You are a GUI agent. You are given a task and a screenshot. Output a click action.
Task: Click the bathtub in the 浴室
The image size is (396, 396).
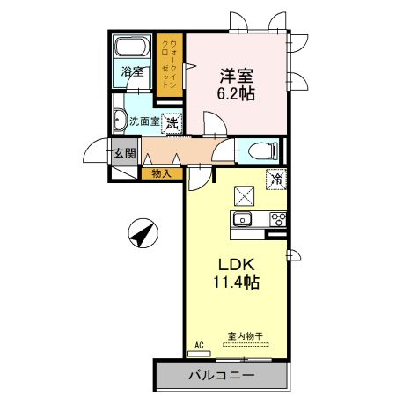[134, 48]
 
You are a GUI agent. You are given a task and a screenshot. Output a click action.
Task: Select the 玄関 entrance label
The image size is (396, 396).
[124, 153]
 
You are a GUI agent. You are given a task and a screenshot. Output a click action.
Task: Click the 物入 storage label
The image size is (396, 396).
[161, 173]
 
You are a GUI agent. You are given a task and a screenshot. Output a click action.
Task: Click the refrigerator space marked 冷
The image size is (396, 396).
[276, 180]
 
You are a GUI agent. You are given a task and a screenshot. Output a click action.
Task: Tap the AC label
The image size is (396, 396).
[198, 346]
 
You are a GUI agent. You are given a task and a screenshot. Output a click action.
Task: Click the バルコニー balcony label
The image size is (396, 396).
[221, 376]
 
